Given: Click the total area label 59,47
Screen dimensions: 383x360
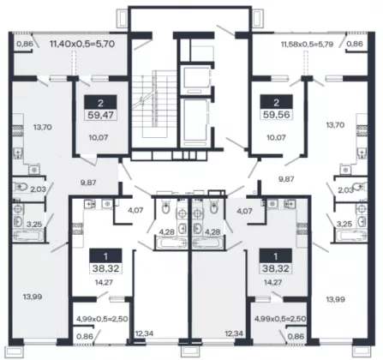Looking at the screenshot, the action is click(100, 115).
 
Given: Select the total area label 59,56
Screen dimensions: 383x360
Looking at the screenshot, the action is click(277, 115).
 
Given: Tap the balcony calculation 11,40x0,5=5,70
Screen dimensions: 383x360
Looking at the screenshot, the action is click(82, 44).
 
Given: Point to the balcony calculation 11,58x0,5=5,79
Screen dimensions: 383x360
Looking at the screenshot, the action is click(307, 45).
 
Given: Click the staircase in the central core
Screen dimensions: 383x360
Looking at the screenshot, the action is click(154, 102).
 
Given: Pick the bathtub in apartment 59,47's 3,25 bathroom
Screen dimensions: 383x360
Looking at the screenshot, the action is click(28, 237).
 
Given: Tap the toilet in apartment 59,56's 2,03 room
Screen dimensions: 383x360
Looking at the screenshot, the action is click(358, 187).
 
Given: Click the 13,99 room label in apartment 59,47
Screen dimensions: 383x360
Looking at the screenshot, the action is click(33, 297).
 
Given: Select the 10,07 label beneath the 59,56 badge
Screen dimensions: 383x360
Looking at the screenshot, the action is click(276, 137).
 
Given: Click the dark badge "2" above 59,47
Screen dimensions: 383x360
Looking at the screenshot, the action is click(100, 102).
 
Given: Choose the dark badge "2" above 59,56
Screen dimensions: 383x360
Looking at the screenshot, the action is click(276, 102).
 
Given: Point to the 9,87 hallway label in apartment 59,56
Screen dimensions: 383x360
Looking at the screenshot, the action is click(286, 179).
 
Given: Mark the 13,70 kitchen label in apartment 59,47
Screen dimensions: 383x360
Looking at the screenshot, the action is click(43, 127).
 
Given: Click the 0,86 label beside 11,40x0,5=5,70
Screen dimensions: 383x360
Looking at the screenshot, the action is click(25, 44).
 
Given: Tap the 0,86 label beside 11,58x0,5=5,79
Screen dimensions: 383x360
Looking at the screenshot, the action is click(355, 44).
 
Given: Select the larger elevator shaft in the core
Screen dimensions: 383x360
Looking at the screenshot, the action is click(194, 123).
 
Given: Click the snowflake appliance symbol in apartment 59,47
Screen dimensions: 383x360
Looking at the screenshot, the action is click(34, 171).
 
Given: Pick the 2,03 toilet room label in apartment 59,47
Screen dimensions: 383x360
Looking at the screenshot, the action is click(38, 189).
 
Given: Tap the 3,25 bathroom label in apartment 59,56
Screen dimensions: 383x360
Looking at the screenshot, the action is click(344, 224).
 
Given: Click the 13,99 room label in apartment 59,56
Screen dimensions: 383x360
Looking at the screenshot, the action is click(336, 299).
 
